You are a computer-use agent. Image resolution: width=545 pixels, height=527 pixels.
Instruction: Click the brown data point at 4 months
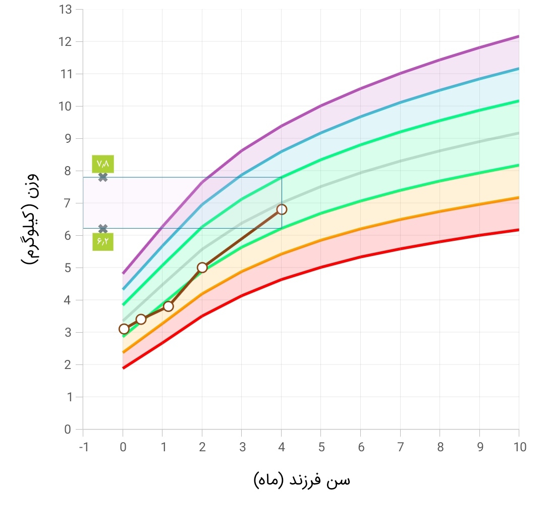tap(282, 209)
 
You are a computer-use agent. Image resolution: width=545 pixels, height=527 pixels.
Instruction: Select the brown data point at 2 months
tap(202, 268)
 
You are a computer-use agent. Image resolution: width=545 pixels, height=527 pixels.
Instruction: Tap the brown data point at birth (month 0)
tap(124, 329)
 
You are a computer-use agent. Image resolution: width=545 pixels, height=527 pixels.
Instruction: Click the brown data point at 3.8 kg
tap(169, 306)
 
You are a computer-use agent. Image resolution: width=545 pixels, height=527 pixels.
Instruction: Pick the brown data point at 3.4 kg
tap(141, 319)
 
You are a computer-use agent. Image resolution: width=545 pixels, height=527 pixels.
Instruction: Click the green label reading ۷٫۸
tap(103, 164)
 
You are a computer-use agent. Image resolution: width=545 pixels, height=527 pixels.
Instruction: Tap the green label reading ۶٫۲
tap(103, 242)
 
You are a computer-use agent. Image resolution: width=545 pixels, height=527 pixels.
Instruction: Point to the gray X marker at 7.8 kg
tap(103, 177)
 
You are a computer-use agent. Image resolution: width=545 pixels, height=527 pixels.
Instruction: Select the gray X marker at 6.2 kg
tap(103, 229)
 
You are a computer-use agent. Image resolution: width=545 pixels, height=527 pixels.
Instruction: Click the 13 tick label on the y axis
tap(64, 9)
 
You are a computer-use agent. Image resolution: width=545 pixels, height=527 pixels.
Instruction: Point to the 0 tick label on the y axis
tap(67, 430)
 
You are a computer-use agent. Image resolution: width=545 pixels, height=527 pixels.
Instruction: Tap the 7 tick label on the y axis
tap(67, 203)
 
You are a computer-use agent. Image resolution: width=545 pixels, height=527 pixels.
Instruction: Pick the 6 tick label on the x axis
tap(361, 447)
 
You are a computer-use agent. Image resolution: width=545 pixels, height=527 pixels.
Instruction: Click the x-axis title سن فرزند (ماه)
tap(302, 480)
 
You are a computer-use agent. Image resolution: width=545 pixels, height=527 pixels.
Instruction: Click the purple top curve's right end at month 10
tap(518, 36)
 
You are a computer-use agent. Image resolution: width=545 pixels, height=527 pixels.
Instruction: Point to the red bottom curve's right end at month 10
tap(518, 230)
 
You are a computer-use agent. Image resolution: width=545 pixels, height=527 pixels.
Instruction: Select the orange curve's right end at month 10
tap(518, 197)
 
